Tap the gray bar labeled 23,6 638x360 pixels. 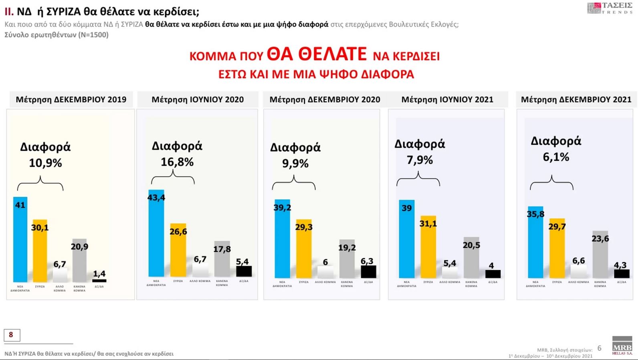coord(600,257)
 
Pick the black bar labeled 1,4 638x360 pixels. coord(99,281)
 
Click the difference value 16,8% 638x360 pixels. coord(177,162)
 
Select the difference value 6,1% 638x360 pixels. coord(556,157)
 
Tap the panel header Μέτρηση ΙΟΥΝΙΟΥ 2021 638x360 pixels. coord(447,100)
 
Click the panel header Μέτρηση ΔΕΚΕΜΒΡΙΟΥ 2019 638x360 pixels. coord(71,100)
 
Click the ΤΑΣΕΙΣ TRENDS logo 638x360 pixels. coord(610,8)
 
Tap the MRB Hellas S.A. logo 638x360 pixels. coord(622,345)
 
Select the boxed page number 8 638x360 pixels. coord(12,335)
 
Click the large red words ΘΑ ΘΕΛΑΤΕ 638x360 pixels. coord(317,54)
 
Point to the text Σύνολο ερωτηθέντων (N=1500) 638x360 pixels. coord(57,35)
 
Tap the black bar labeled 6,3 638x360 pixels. coord(368,272)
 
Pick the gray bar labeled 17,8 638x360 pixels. coord(222,265)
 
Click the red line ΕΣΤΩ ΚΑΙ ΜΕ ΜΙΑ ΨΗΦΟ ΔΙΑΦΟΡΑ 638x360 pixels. coord(316,75)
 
